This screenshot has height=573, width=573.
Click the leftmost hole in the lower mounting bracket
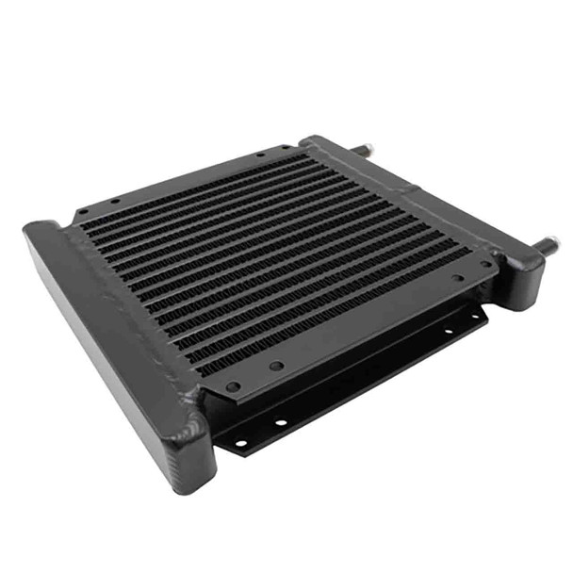click(241, 442)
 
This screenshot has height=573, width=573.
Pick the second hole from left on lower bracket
click(280, 422)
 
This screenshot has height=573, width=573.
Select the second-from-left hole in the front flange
click(276, 366)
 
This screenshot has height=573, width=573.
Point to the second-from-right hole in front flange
click(457, 278)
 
